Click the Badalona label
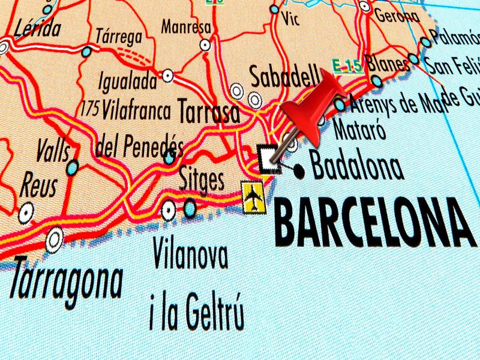357,166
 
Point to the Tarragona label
67,278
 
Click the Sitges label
202,179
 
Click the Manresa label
187,28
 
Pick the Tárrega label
119,36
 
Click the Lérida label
37,27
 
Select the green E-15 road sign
347,65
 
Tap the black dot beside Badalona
298,171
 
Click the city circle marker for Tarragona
55,238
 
